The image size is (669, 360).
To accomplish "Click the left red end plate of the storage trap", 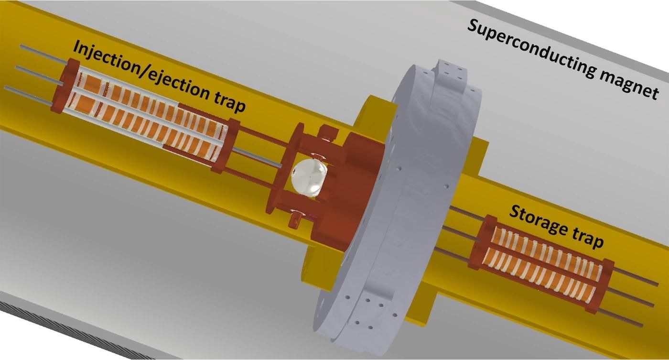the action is [480, 242].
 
